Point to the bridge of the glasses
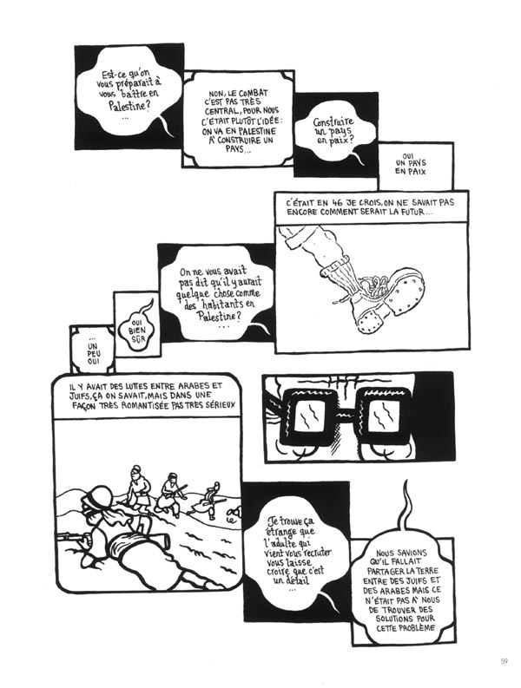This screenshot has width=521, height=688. point(346,412)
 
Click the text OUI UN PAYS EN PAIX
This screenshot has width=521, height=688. point(411,163)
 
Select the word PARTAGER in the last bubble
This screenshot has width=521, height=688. point(386,570)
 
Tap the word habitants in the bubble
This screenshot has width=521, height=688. point(222,304)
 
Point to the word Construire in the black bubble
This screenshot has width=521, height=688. point(333,123)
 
